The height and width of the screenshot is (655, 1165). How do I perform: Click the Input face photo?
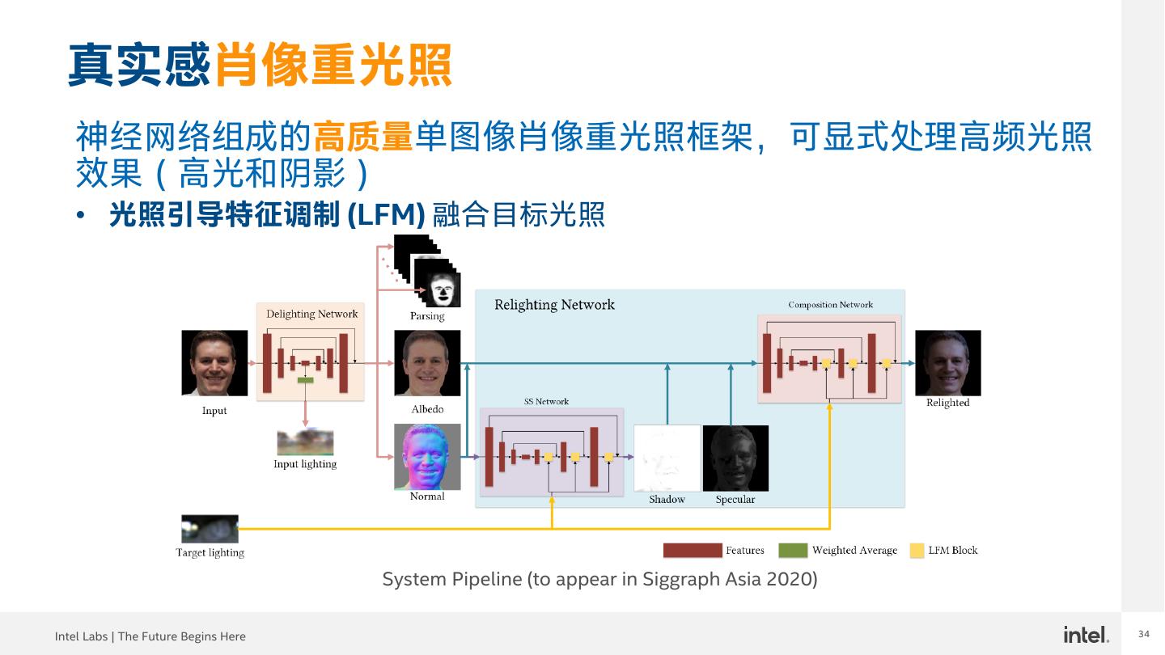click(214, 362)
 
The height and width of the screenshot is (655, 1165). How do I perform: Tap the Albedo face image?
click(427, 363)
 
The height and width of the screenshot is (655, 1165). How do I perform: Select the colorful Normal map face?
click(427, 457)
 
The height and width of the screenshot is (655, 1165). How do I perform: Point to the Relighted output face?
click(947, 362)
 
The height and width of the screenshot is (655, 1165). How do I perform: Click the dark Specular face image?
click(735, 458)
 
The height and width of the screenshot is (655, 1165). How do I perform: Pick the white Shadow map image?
click(667, 458)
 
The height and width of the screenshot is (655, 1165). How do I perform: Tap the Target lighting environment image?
click(210, 529)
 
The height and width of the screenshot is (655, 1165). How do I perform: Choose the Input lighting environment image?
click(305, 442)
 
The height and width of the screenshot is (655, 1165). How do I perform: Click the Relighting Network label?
click(554, 305)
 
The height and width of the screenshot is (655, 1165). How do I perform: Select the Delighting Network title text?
click(311, 314)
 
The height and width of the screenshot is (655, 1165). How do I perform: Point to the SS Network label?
click(546, 401)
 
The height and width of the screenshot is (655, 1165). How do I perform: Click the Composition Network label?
click(830, 305)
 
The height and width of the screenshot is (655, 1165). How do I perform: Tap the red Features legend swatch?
click(692, 551)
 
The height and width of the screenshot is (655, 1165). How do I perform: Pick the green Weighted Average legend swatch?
click(793, 551)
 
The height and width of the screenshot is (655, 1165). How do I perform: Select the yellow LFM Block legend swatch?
click(917, 551)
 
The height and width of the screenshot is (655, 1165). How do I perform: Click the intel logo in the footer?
click(1086, 635)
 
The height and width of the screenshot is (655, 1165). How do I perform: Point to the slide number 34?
click(1144, 634)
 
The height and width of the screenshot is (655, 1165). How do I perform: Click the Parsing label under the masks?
click(427, 316)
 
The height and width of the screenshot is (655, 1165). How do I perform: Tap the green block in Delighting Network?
click(305, 379)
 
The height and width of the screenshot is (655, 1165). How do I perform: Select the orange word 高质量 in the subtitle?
click(363, 137)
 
